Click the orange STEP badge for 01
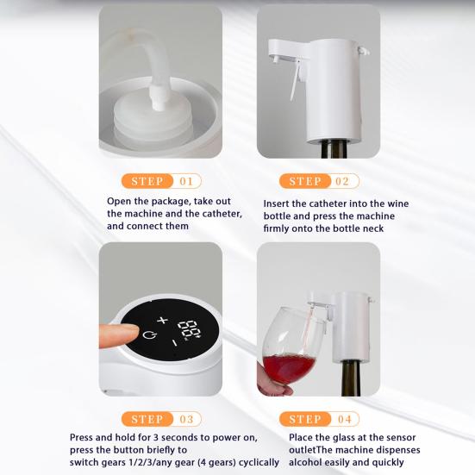click(148, 181)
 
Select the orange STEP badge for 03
click(148, 419)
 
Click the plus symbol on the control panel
click(161, 320)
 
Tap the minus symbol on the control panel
click(174, 342)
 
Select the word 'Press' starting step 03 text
click(84, 438)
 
